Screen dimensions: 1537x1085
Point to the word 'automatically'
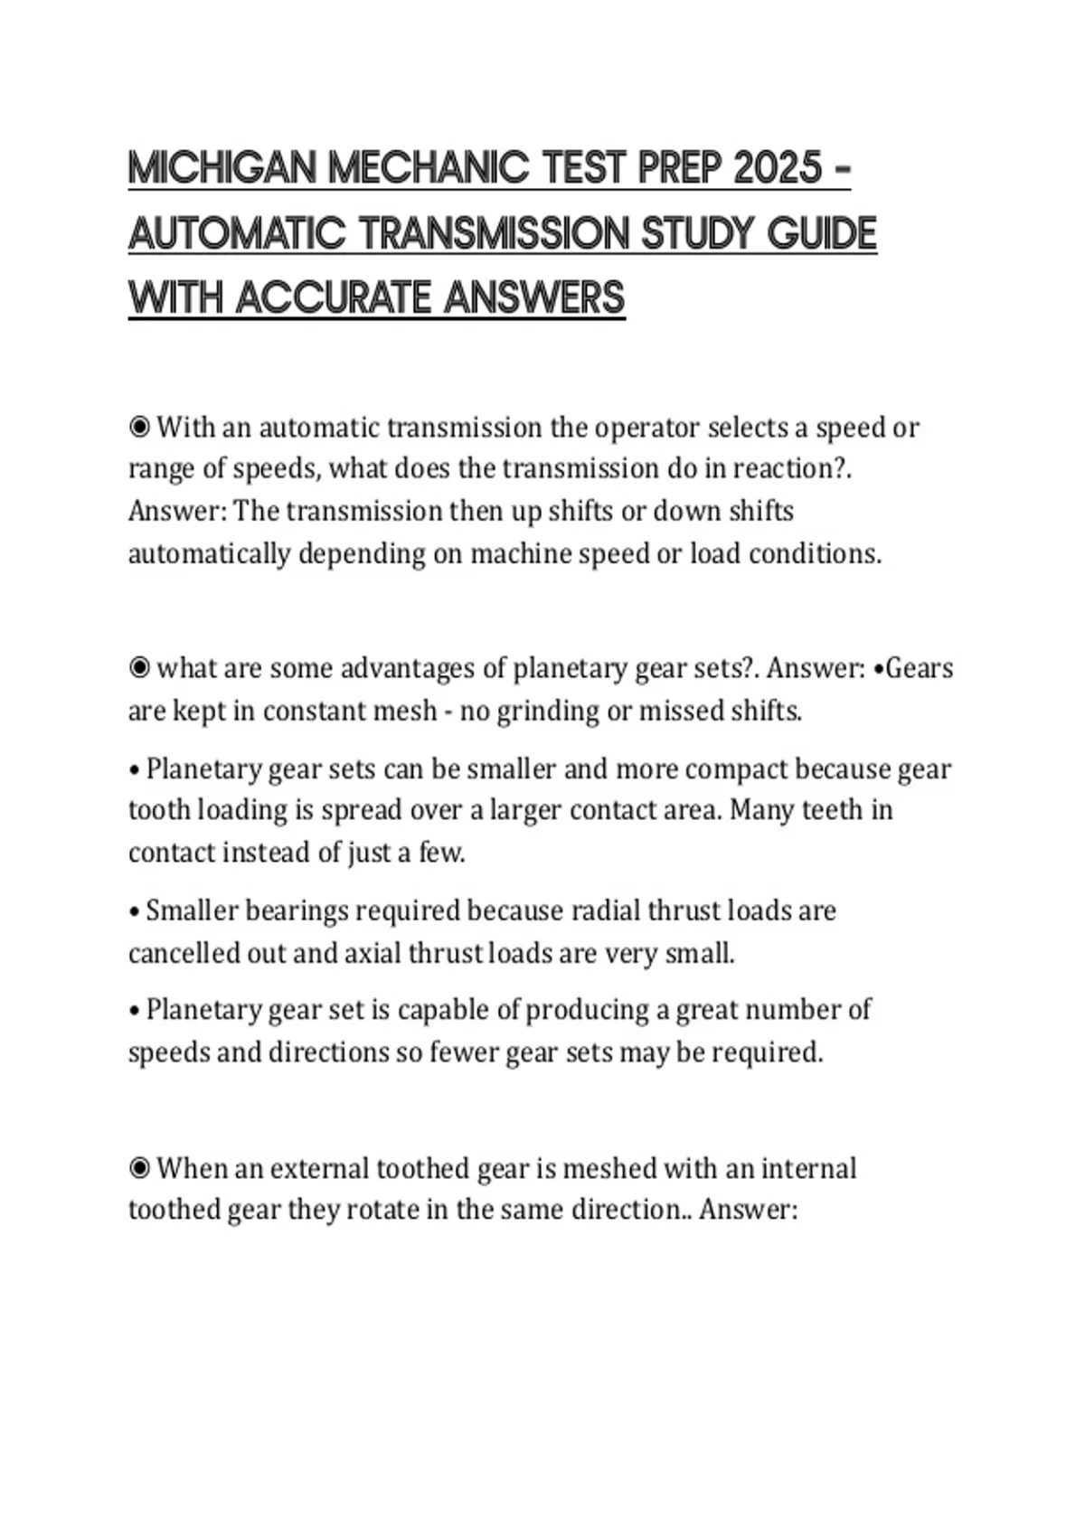[x=209, y=553]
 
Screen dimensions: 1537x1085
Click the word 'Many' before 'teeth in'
[x=762, y=810]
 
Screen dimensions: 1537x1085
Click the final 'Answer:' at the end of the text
[x=748, y=1210]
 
